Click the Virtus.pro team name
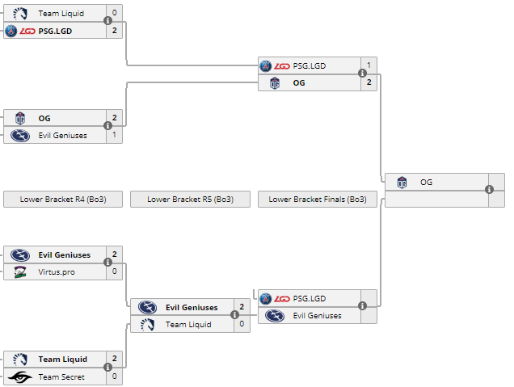[x=57, y=272]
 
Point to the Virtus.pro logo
[x=19, y=272]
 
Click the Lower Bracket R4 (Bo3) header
[x=63, y=200]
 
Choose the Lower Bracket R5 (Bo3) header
[x=190, y=200]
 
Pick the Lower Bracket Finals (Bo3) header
[x=317, y=200]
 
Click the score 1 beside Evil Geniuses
[x=115, y=135]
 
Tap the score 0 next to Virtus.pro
[x=115, y=272]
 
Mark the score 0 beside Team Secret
[x=115, y=376]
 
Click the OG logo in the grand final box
[x=402, y=183]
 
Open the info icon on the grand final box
[x=489, y=190]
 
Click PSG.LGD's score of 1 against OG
[x=369, y=65]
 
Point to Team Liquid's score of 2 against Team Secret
[x=115, y=359]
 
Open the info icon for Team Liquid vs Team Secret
[x=107, y=368]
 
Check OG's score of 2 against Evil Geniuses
[x=115, y=118]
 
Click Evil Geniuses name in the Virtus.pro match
[x=65, y=255]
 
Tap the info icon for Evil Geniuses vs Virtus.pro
[x=107, y=263]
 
